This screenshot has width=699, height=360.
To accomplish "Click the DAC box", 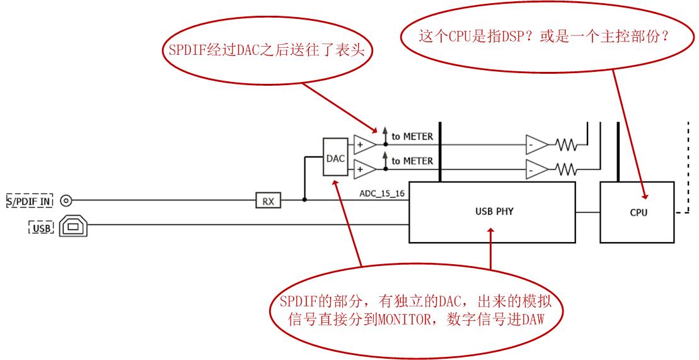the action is tap(335, 157).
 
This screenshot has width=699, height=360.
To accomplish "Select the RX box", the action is tap(269, 200).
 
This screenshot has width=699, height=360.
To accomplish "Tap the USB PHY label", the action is tap(494, 211).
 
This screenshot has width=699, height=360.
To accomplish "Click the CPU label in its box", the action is tap(638, 212).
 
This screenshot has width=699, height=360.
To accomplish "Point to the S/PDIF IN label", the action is tap(30, 201).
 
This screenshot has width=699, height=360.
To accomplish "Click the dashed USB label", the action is tap(42, 228).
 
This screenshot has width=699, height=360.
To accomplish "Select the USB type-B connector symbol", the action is tap(73, 226).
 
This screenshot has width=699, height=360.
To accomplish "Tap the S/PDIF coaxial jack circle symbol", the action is tap(66, 200).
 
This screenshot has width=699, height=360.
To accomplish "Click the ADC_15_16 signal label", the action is tap(382, 194).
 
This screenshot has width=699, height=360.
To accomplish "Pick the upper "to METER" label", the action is tap(412, 137).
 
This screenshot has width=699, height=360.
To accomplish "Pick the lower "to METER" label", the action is tap(412, 161).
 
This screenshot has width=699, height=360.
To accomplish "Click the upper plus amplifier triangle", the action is tap(365, 144).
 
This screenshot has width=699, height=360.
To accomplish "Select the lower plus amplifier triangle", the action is tap(365, 169).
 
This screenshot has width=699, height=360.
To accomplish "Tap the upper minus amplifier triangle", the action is tap(537, 144).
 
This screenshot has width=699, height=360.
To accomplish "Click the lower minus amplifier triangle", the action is tap(537, 169).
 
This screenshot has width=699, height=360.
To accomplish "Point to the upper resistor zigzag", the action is tap(566, 144).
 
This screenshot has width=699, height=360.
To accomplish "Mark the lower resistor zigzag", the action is tap(566, 169).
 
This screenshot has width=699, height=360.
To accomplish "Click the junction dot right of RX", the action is tap(304, 200).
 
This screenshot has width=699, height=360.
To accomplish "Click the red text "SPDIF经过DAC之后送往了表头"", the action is tap(266, 50).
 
